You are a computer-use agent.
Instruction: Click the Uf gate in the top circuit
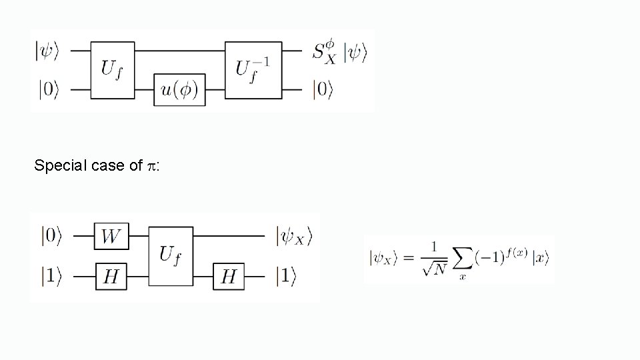tap(112, 69)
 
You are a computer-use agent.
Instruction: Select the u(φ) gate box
tap(179, 89)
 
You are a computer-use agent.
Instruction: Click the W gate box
tap(111, 235)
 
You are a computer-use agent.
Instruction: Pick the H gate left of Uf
tap(111, 275)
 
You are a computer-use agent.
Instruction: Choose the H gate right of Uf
tap(229, 275)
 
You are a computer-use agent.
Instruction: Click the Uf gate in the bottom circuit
tap(171, 255)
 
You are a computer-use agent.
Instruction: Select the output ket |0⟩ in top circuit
tap(323, 89)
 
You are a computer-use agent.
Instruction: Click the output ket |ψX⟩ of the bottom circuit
tap(293, 235)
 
